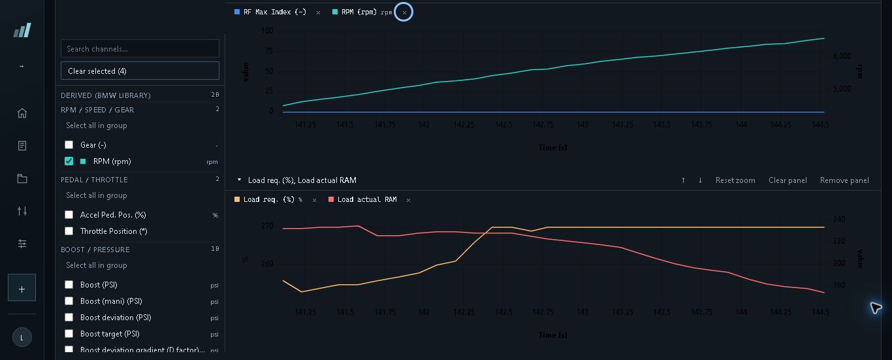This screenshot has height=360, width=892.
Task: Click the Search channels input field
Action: [140, 48]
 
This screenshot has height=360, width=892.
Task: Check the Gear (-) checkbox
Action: [69, 144]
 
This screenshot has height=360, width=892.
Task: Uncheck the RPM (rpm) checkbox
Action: [69, 161]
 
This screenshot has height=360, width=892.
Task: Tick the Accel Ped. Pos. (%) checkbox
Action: [69, 215]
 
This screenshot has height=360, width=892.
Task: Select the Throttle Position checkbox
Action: [69, 231]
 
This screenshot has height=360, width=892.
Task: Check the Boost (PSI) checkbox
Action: [69, 284]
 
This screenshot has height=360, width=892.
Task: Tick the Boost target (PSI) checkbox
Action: [69, 333]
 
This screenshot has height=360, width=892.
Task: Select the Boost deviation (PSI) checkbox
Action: [69, 317]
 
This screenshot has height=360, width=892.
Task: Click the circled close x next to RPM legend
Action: [404, 12]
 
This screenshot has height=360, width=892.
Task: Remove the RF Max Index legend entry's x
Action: [318, 12]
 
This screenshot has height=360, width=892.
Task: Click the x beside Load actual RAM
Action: [408, 200]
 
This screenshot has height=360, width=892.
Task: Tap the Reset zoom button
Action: [735, 180]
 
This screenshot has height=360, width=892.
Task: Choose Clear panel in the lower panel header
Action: [788, 180]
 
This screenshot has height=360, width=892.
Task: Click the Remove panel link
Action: [844, 180]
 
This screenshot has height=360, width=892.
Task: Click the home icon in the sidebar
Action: [22, 113]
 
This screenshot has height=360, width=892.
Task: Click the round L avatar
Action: [22, 337]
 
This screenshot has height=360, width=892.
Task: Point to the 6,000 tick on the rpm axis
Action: [842, 56]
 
